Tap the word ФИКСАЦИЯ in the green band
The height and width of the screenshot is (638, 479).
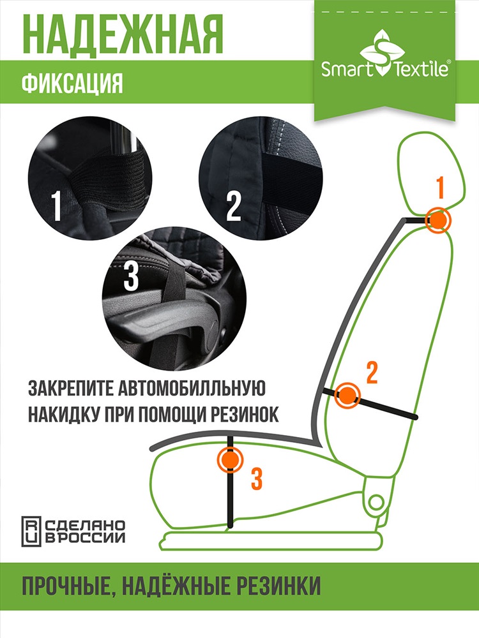(72, 84)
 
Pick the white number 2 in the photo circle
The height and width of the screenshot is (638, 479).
(234, 206)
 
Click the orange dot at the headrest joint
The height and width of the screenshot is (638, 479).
(438, 221)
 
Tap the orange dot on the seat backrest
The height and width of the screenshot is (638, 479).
(347, 395)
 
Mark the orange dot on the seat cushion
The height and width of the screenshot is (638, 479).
(230, 459)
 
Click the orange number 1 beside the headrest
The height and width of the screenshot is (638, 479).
(440, 188)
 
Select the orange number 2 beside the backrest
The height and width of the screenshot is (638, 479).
(372, 372)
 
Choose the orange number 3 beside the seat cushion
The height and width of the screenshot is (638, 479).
(256, 478)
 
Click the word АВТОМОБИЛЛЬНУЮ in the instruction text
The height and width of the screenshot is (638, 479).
(190, 388)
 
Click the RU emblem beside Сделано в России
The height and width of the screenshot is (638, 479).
(31, 531)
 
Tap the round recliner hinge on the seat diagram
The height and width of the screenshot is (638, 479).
(376, 503)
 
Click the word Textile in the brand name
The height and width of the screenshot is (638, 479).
(421, 69)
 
